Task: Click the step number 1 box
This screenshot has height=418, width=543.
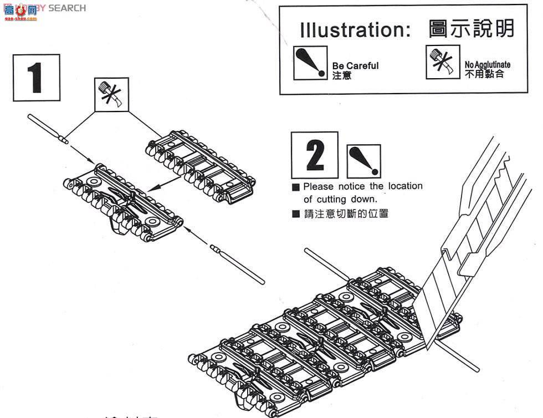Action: pyautogui.click(x=36, y=77)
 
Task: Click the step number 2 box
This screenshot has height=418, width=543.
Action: pyautogui.click(x=315, y=155)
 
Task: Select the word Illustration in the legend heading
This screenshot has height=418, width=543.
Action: pyautogui.click(x=355, y=30)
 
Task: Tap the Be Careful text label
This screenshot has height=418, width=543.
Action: pyautogui.click(x=355, y=65)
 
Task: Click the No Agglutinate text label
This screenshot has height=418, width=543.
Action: pyautogui.click(x=487, y=64)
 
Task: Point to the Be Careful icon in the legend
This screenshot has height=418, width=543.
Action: pyautogui.click(x=310, y=63)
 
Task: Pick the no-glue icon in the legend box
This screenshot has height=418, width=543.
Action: pyautogui.click(x=443, y=62)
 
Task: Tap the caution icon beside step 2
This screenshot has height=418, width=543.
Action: pyautogui.click(x=363, y=161)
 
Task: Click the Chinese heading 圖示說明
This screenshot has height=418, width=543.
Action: pyautogui.click(x=471, y=29)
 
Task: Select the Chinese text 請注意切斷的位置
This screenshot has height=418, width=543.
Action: pyautogui.click(x=346, y=214)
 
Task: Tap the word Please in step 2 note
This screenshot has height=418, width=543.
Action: pyautogui.click(x=319, y=186)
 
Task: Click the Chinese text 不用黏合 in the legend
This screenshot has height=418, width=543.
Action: pyautogui.click(x=484, y=74)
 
